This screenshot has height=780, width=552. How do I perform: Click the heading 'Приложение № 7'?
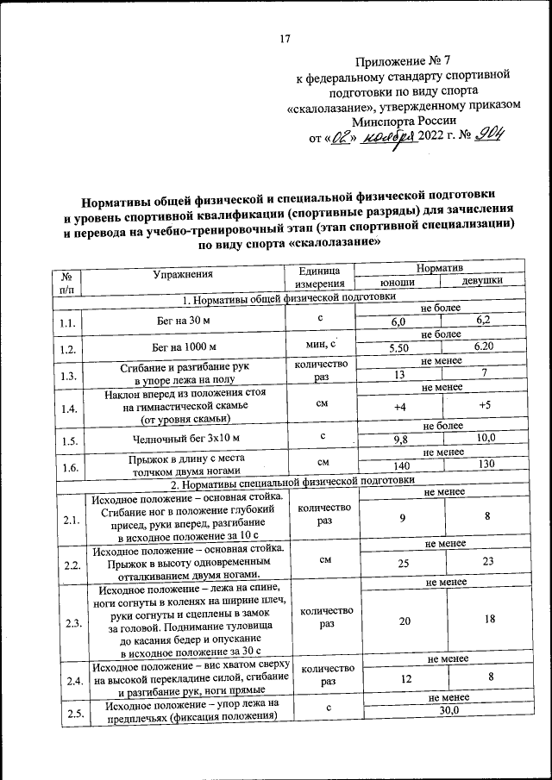[404, 61]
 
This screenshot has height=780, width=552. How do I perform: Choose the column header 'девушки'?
[482, 281]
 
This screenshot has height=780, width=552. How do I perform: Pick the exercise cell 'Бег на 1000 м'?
[183, 348]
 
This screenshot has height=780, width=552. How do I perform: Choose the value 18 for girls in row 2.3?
[489, 620]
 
